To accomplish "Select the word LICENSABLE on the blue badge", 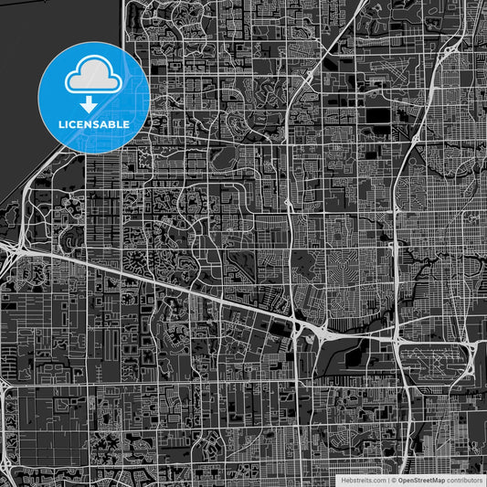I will point(94,123).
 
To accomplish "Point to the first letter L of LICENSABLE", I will point(61,123).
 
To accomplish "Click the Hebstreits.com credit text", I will point(363,480).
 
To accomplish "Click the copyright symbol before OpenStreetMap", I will point(394,480).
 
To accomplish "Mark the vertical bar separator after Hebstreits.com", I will point(387,480).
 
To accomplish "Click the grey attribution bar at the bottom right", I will point(411,480).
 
